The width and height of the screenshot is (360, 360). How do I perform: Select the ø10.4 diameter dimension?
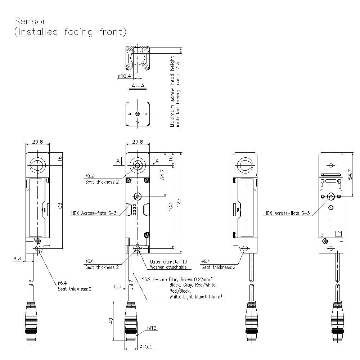tap(124, 76)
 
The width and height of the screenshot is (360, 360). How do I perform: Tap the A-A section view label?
tap(138, 86)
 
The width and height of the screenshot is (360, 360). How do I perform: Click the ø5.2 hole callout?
tap(90, 176)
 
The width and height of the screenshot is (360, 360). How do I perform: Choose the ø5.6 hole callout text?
tap(90, 261)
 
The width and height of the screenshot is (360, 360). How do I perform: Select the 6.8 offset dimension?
tap(17, 258)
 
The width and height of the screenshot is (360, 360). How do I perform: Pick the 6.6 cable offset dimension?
tap(117, 287)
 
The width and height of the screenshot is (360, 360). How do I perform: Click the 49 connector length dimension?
tap(111, 320)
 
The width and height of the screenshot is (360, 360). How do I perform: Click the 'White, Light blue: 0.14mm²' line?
tap(195, 297)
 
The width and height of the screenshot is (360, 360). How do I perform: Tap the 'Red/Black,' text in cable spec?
tap(180, 291)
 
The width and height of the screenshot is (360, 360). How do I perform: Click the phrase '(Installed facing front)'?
tap(70, 32)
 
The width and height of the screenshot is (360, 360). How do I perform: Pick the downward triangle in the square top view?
tap(138, 123)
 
